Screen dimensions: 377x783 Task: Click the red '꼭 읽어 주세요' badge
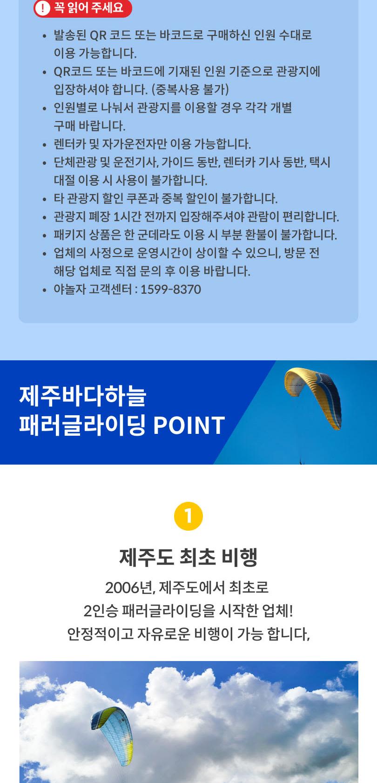(x=83, y=8)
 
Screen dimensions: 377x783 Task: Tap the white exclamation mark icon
(x=43, y=8)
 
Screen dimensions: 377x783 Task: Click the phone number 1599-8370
(x=170, y=290)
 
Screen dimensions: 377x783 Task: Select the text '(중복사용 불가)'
(x=190, y=89)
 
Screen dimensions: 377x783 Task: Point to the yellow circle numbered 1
(x=188, y=516)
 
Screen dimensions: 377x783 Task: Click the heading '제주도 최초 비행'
(x=188, y=557)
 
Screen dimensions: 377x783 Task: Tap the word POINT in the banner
(x=189, y=425)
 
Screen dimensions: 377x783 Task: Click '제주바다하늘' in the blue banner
(x=83, y=396)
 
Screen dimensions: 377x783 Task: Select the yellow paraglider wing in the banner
(x=313, y=397)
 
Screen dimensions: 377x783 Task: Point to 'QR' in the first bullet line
(x=98, y=35)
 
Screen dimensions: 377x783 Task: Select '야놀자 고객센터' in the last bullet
(x=93, y=290)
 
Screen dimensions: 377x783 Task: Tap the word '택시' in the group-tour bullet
(x=320, y=162)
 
